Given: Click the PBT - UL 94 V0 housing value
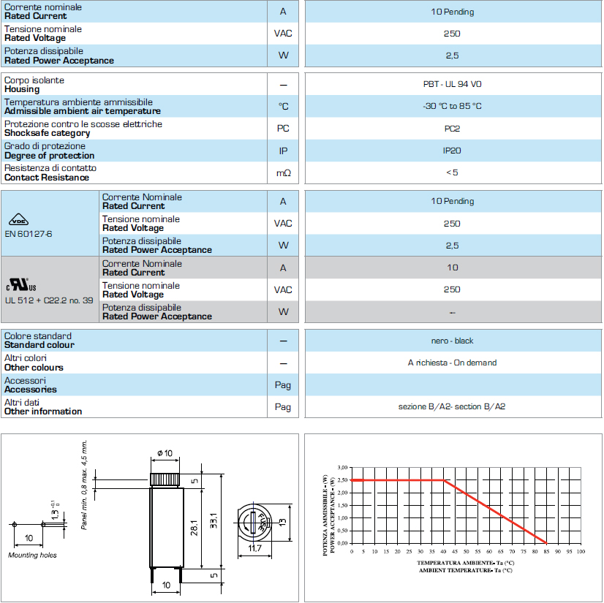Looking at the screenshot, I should tap(452, 84).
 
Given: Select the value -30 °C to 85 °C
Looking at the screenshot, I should tap(452, 106).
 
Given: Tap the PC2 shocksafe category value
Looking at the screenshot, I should tap(452, 129).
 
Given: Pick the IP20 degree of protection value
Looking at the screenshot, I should tap(452, 151).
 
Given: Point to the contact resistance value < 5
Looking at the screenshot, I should tap(452, 172).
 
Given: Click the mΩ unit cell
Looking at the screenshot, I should tap(283, 172).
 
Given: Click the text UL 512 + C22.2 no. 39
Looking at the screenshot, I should tap(48, 300).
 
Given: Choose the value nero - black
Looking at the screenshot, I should tap(452, 341).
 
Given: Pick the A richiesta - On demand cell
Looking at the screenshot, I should tap(452, 363).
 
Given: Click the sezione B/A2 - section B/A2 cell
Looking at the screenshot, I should tap(452, 406).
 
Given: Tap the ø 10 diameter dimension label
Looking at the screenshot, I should tap(165, 454).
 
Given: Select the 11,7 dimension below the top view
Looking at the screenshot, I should tap(254, 548).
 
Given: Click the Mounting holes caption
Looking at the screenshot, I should tap(32, 555).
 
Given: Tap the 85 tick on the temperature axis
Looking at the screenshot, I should tap(546, 550).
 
